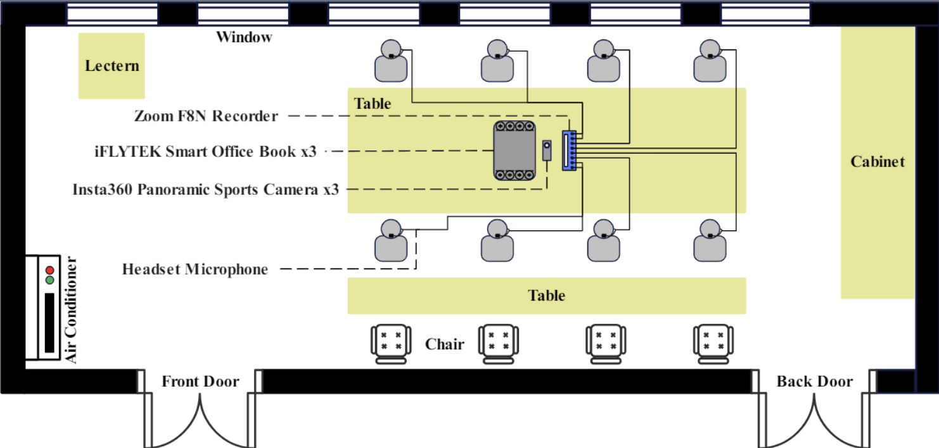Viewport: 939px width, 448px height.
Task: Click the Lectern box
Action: coord(112,66)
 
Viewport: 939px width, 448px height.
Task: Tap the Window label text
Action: coord(244,37)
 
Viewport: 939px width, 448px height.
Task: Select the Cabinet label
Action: coord(878,161)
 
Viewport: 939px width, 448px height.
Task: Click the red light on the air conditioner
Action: coord(49,271)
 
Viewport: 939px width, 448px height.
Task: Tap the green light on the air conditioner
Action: coord(49,280)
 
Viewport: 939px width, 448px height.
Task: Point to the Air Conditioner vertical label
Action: coord(72,310)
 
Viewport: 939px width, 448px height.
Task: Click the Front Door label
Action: coord(200,382)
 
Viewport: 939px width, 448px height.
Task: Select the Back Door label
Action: coord(815,382)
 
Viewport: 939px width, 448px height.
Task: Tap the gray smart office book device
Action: coord(514,151)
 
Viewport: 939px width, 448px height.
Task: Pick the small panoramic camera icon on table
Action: coord(547,150)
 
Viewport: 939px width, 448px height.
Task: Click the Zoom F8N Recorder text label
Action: coord(206,116)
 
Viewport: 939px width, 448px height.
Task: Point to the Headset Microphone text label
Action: coord(195,270)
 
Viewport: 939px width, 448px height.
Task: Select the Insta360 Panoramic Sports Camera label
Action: coord(206,189)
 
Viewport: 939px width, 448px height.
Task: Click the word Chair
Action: coord(444,344)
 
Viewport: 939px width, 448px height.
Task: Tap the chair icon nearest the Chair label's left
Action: coord(390,344)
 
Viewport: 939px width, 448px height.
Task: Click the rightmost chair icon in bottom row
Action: coord(713,344)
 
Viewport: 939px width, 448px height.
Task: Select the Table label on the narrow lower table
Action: coord(546,296)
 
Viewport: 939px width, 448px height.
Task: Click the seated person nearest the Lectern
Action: coord(391,61)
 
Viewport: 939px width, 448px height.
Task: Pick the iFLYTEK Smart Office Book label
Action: coord(205,152)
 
